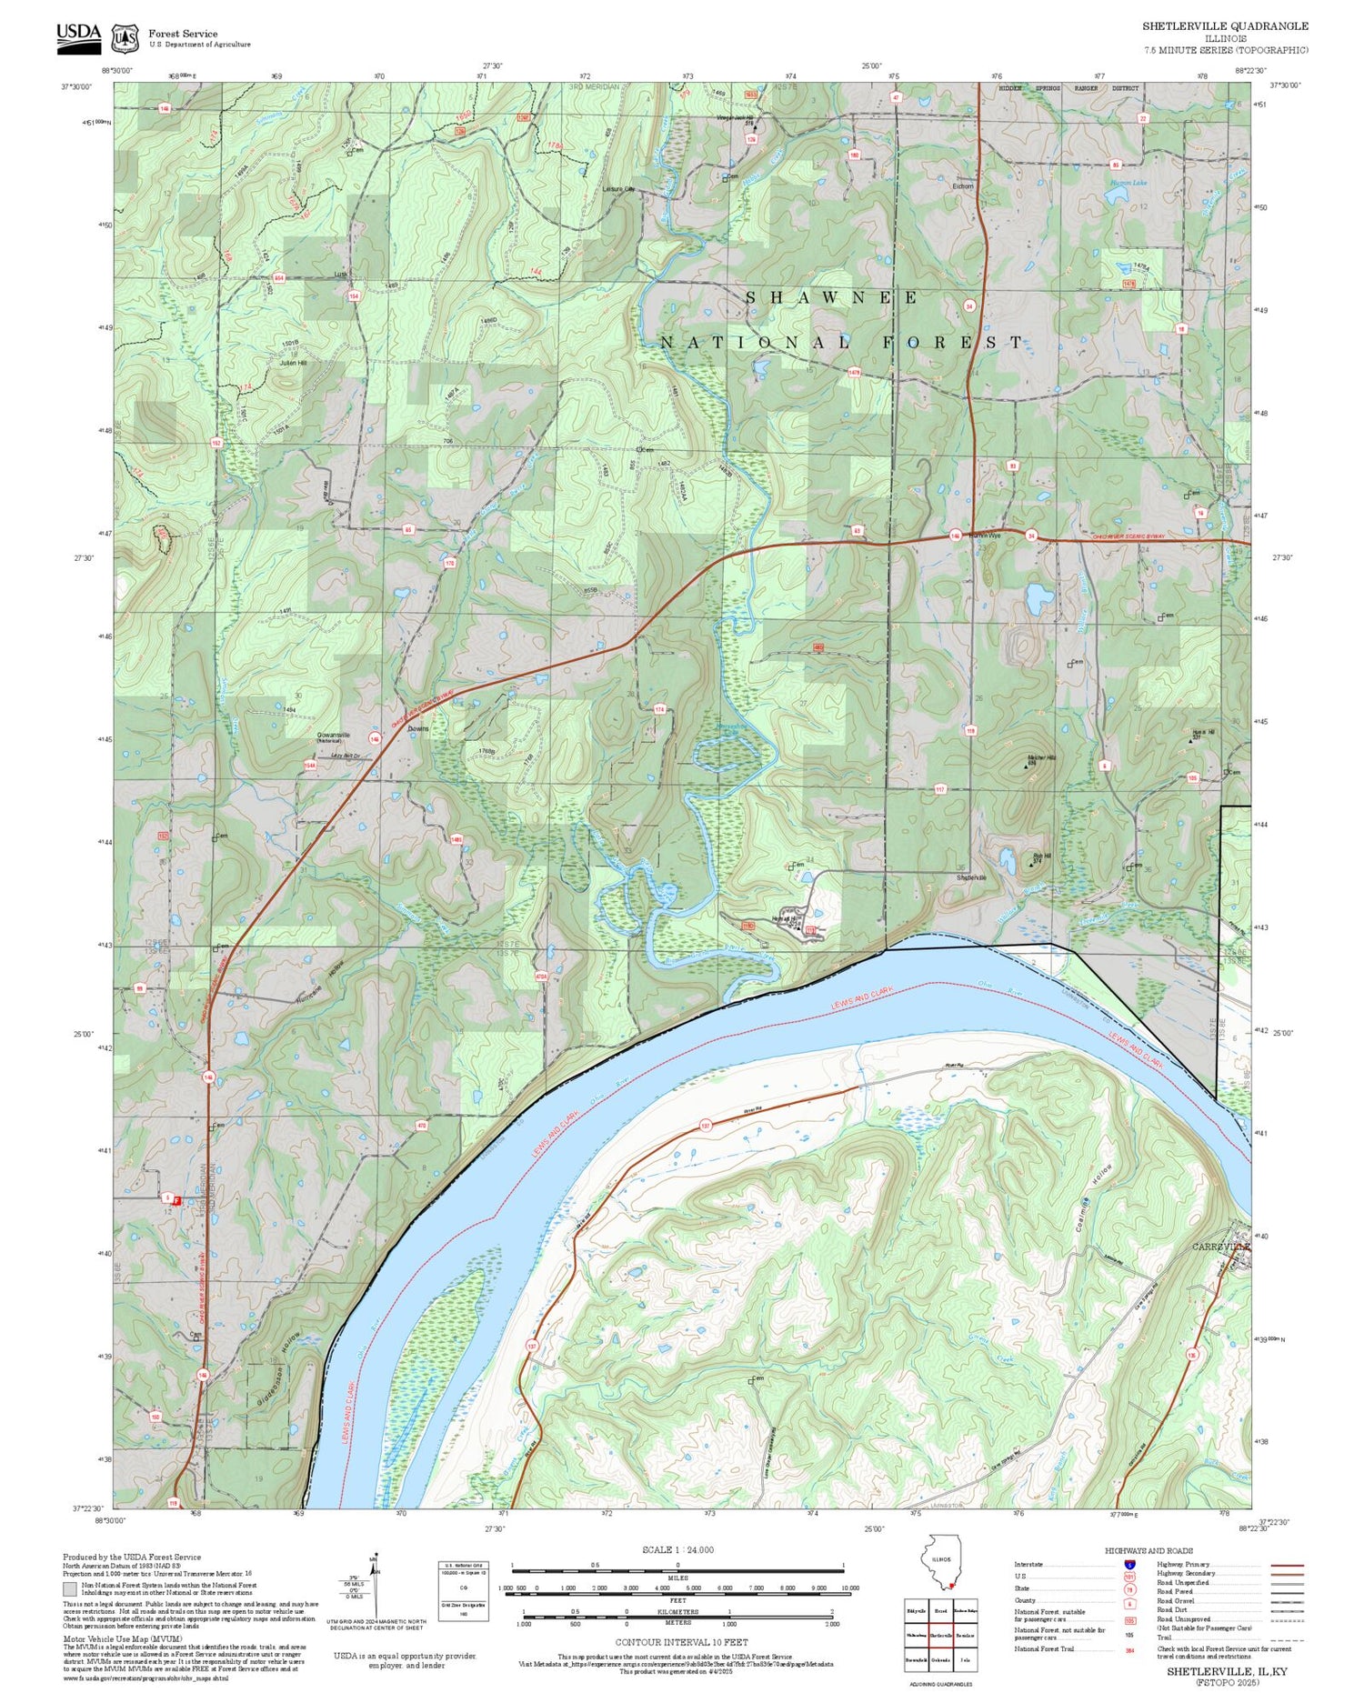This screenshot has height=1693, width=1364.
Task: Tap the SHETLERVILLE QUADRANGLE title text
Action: coord(1225,26)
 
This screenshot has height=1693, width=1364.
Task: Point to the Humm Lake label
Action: coord(1128,183)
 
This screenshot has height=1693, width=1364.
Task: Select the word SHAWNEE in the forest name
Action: coord(832,297)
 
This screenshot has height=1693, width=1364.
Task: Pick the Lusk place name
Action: coord(341,274)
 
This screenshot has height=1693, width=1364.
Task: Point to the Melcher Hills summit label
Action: coord(1040,757)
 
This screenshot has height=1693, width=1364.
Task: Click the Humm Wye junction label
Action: coord(983,536)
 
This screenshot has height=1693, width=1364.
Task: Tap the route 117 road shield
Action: coord(939,789)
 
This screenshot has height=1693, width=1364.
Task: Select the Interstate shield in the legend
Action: coord(1129,1564)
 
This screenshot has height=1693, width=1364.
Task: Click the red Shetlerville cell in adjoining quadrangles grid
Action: coord(941,1635)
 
